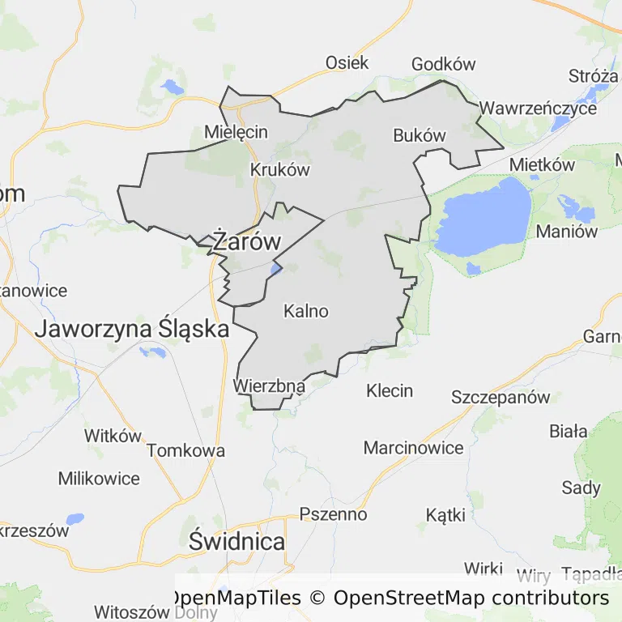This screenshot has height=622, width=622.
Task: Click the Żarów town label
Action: tap(246, 241)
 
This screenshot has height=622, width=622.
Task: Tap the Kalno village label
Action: tap(306, 311)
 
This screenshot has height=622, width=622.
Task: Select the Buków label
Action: tap(420, 135)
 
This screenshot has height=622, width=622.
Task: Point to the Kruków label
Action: tap(280, 170)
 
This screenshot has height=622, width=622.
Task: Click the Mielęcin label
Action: tap(236, 131)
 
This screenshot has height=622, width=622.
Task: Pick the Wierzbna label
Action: tap(270, 386)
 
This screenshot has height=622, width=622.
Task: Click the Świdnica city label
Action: tap(236, 542)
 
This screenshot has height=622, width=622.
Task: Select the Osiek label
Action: tap(347, 62)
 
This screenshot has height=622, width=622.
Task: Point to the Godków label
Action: tap(443, 64)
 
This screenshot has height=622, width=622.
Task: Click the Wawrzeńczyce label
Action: tap(538, 108)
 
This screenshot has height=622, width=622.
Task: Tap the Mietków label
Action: tap(542, 165)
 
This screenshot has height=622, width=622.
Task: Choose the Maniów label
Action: tap(567, 232)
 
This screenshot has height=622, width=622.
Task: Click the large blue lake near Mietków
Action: tap(483, 217)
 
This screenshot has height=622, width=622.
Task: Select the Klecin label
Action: tap(390, 391)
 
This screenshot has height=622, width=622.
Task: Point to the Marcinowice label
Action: tap(413, 448)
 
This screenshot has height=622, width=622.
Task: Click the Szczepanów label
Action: tap(501, 398)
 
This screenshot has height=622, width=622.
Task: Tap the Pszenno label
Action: tap(333, 514)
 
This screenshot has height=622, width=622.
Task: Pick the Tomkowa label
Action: tap(185, 451)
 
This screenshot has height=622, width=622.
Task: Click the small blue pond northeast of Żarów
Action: tap(275, 268)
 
